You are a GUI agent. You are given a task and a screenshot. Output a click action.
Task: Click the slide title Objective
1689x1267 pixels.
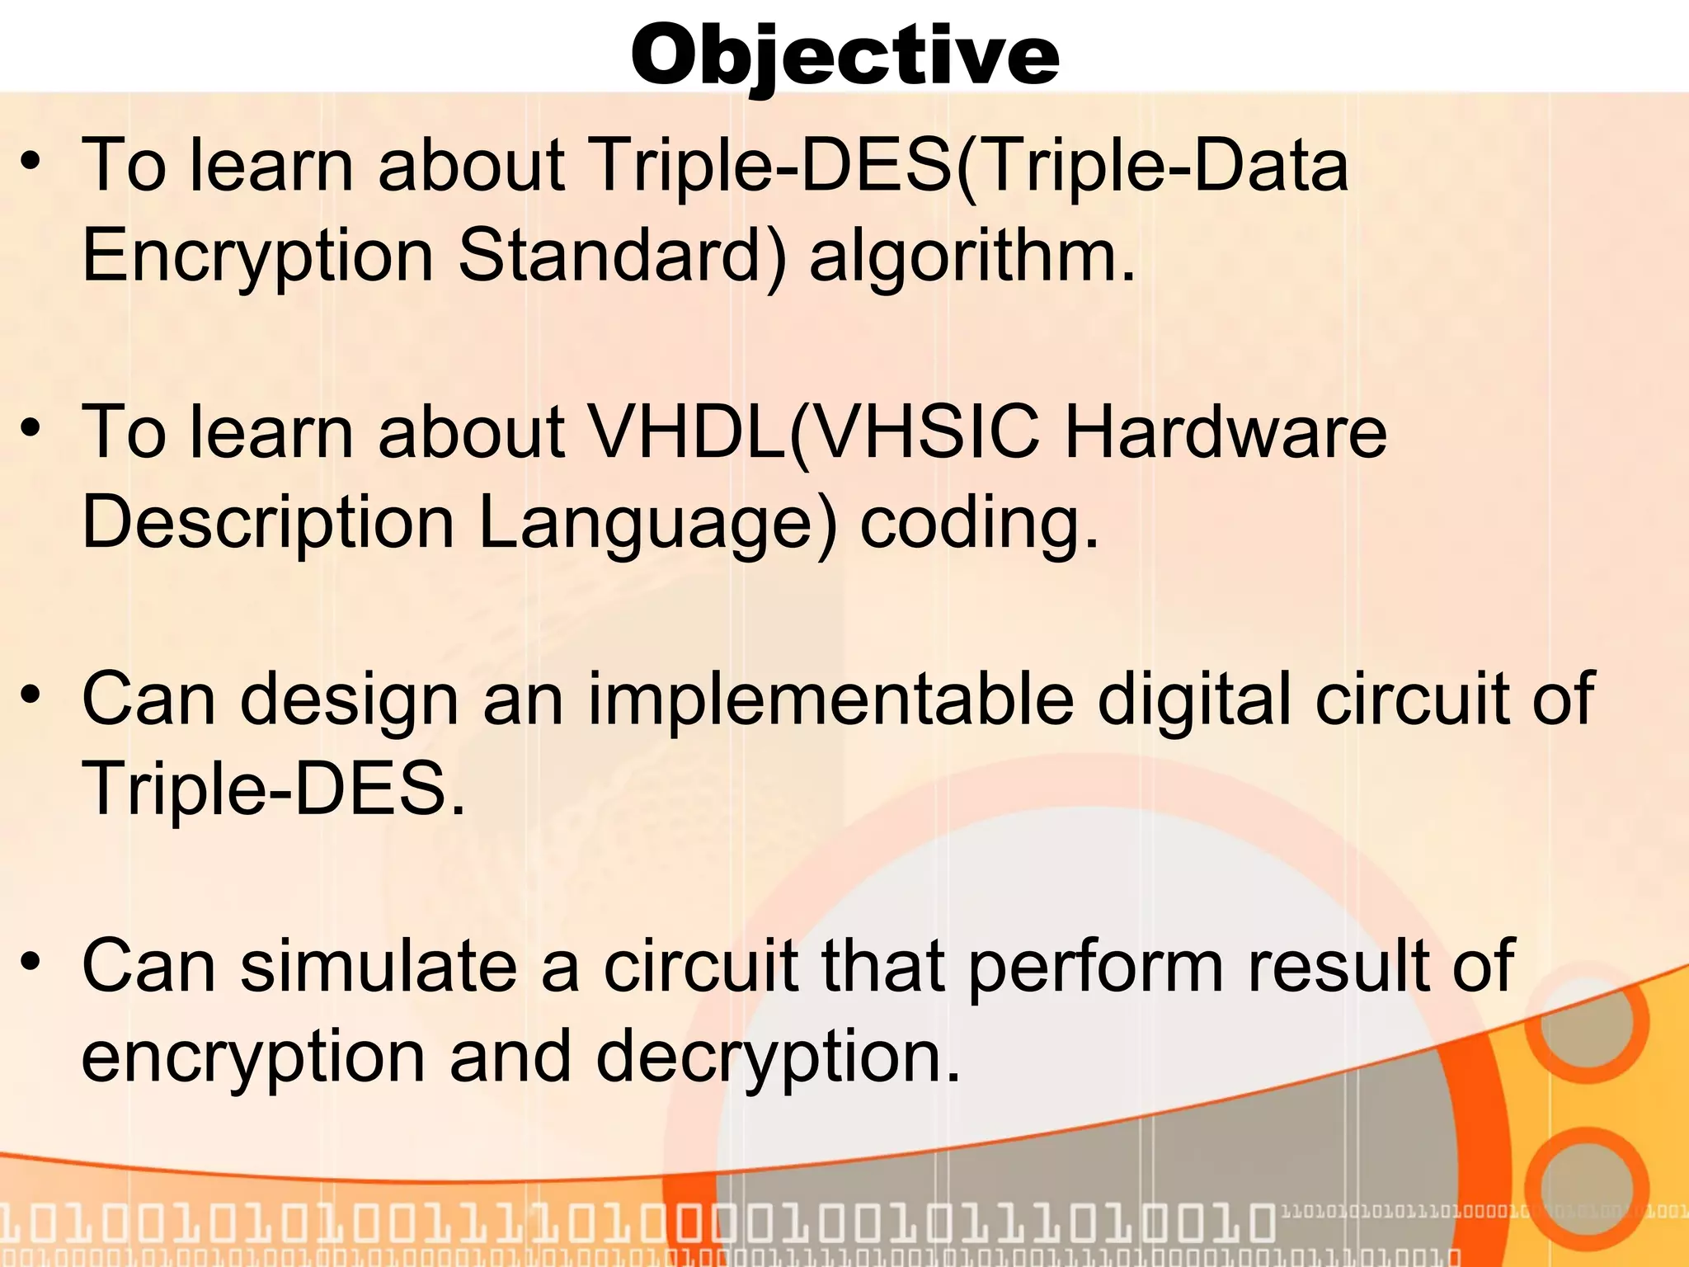point(844,56)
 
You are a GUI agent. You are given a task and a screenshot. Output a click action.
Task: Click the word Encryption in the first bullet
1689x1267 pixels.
point(258,256)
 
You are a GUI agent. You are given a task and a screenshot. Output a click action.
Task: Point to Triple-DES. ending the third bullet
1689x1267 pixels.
point(274,789)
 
